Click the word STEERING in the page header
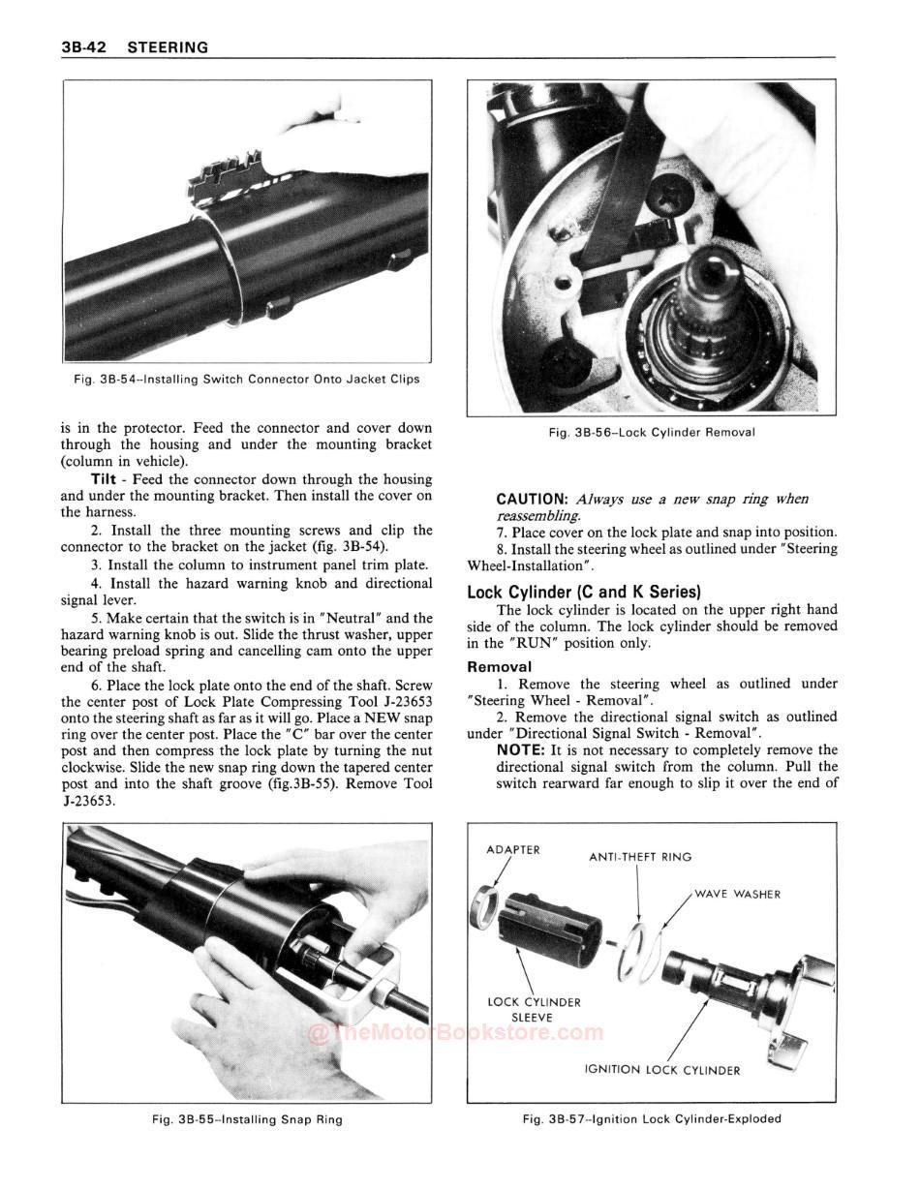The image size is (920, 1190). click(168, 46)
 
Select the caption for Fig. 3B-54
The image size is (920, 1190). click(247, 380)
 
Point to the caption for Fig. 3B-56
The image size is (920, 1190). click(652, 432)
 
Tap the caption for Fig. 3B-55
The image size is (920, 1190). click(247, 1119)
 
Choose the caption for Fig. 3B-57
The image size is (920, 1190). click(652, 1119)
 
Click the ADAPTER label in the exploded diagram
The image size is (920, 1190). click(512, 849)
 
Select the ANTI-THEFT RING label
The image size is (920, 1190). click(640, 856)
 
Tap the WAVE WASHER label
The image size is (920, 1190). click(737, 894)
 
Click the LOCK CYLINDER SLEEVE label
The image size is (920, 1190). click(534, 1010)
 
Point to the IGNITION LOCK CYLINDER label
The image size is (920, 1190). click(662, 1070)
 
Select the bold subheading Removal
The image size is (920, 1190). click(499, 666)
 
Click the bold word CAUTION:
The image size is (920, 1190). click(533, 499)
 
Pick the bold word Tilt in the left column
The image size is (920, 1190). click(104, 479)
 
